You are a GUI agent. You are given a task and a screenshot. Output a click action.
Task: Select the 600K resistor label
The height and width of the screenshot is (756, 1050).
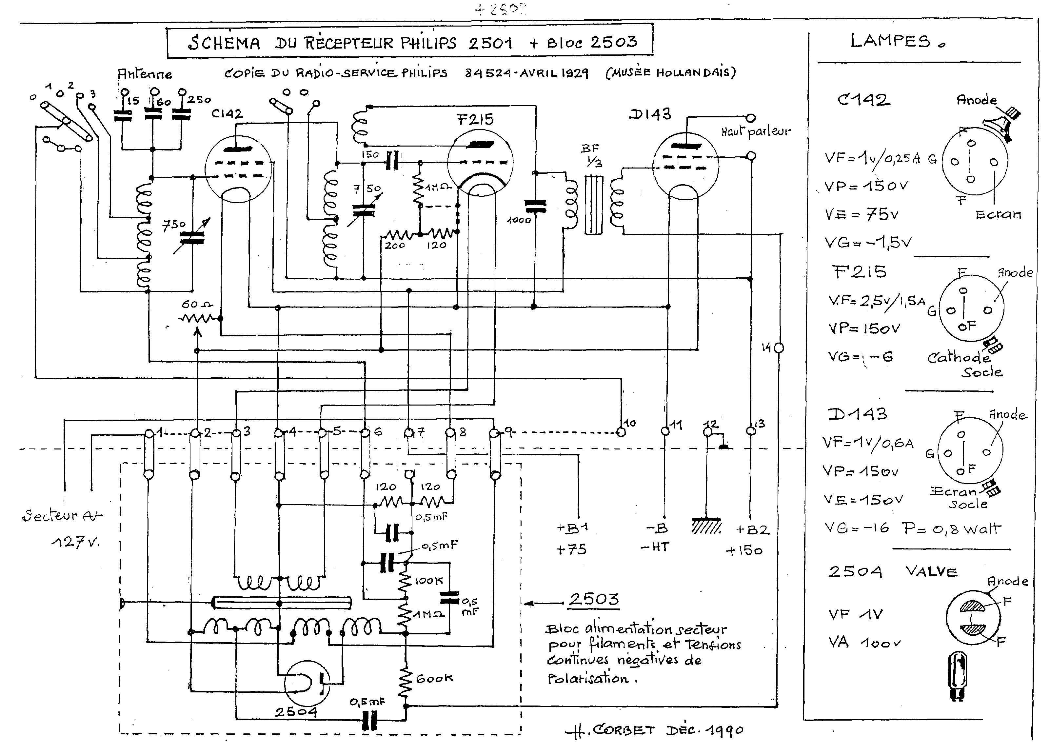(434, 679)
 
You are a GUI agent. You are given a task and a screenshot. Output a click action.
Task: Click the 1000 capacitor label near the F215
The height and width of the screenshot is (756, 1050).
(519, 220)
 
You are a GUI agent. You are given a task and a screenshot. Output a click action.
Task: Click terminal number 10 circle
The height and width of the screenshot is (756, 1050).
(621, 432)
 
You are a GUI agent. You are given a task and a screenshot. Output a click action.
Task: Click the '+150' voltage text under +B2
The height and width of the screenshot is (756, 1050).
(743, 551)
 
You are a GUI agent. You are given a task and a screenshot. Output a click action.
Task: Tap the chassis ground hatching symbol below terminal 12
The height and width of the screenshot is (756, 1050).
(706, 526)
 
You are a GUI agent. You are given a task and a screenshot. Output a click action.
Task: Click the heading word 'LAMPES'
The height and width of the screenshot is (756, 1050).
(890, 41)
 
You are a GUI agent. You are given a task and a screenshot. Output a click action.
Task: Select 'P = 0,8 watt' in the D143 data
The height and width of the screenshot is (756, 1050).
(951, 528)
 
